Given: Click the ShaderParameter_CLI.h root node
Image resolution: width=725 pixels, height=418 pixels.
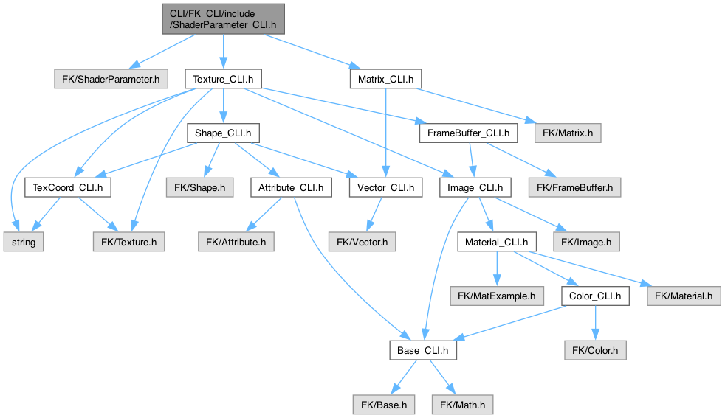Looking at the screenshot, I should [222, 17].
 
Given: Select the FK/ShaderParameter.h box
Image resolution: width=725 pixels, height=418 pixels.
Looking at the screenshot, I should [111, 78].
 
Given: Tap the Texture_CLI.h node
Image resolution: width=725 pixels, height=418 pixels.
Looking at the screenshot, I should [223, 78].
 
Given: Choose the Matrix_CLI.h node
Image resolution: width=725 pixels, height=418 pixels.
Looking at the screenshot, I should [385, 78].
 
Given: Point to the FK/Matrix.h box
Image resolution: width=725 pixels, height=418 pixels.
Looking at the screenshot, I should [562, 133].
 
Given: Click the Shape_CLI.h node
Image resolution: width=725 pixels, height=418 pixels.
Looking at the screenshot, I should [223, 133].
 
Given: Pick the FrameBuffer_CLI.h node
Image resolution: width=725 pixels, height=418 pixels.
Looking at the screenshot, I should [467, 133].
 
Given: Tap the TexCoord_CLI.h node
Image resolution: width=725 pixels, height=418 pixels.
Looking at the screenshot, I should [67, 187].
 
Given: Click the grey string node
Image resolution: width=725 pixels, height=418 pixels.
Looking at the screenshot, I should [24, 241].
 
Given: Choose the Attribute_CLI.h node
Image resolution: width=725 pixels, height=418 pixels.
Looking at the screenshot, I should [290, 187].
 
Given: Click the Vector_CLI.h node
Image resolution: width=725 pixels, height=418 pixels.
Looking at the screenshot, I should [385, 187].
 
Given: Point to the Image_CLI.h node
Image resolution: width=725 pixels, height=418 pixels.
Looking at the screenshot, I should [475, 187].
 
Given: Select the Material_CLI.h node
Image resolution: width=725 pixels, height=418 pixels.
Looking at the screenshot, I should [495, 241].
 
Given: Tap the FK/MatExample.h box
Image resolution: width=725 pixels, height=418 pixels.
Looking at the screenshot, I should [496, 296].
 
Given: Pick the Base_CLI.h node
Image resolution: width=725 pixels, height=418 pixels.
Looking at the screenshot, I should [422, 350].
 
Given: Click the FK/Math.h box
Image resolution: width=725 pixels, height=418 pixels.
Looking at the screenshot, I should [462, 404].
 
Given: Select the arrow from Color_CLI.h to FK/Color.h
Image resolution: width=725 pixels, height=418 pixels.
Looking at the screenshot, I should [595, 323].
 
